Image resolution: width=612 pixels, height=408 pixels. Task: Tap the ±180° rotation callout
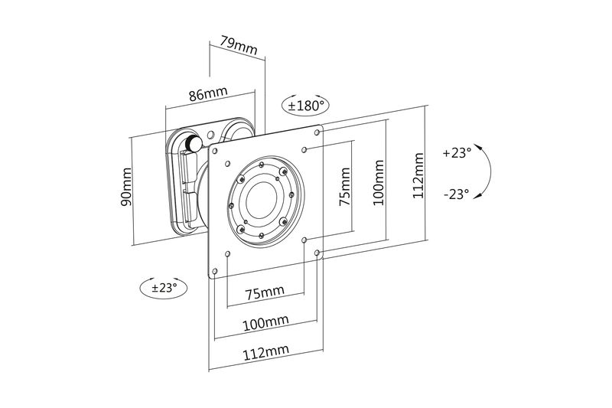(x=306, y=106)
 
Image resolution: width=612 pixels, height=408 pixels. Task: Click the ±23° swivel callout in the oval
(x=164, y=288)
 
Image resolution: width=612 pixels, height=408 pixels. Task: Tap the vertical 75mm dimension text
(x=345, y=188)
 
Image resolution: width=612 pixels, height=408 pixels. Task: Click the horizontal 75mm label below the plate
(x=264, y=292)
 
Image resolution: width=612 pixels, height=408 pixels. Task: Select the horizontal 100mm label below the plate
(x=260, y=323)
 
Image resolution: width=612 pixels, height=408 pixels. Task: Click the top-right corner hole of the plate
(x=319, y=131)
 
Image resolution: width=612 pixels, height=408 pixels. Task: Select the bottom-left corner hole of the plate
(x=215, y=271)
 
